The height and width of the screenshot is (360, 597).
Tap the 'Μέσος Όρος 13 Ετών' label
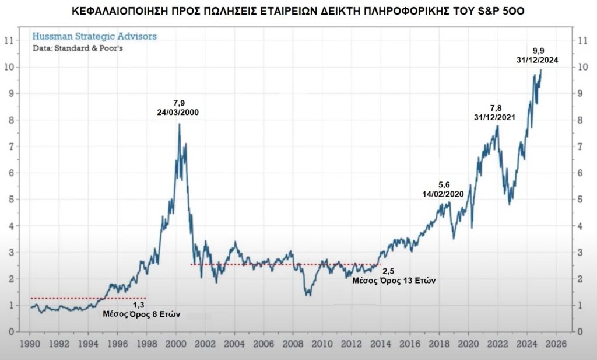click(x=395, y=280)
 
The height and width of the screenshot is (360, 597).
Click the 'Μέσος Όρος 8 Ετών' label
click(x=142, y=313)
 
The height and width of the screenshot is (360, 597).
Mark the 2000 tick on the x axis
click(x=175, y=342)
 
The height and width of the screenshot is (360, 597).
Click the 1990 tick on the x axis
click(x=30, y=342)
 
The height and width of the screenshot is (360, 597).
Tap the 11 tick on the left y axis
click(x=9, y=41)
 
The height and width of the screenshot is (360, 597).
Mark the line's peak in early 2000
click(x=179, y=124)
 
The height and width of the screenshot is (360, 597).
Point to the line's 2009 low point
click(x=308, y=295)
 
